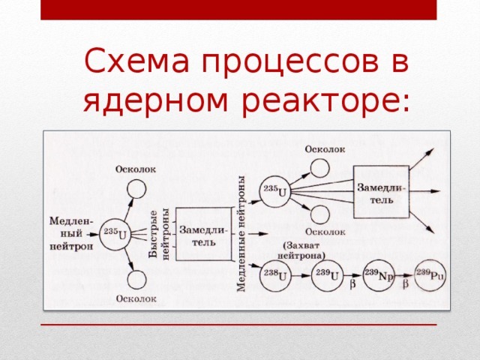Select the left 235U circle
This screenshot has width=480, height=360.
point(115,235)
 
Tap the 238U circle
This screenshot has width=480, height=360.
point(271,276)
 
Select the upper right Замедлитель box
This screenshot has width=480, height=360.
point(381,192)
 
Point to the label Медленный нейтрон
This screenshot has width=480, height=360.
point(72,233)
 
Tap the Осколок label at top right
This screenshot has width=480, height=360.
point(325,148)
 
